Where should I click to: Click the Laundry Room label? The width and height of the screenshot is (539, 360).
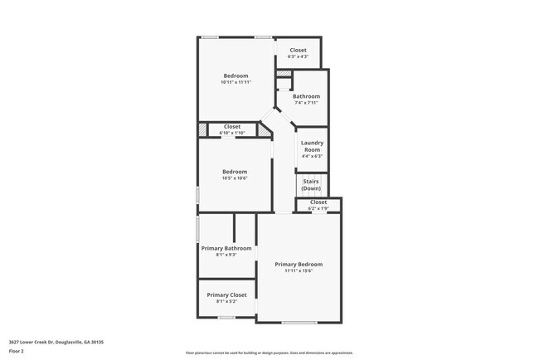(312, 145)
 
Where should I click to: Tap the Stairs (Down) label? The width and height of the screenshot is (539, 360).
(311, 184)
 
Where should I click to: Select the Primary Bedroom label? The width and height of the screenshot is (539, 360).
(299, 264)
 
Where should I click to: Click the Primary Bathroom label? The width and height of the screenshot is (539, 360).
(226, 248)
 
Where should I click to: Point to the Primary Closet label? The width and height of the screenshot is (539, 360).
(226, 294)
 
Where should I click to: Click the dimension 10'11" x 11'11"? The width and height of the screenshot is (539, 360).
(236, 82)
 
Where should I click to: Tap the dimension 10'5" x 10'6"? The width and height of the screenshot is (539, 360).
(235, 178)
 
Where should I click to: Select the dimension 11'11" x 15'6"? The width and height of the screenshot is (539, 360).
(299, 270)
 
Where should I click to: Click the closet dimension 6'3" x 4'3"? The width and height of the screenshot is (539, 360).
(298, 56)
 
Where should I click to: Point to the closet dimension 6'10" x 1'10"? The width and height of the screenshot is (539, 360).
(232, 133)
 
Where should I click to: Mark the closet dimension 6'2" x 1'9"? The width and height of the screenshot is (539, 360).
(318, 208)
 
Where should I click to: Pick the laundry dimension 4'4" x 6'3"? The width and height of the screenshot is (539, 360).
(312, 156)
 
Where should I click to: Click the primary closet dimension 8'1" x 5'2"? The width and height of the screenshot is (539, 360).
(226, 302)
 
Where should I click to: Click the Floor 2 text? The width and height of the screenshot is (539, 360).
(17, 351)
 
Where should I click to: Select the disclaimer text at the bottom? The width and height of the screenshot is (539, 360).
(269, 353)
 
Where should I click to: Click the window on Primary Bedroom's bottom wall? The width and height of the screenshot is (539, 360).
(299, 322)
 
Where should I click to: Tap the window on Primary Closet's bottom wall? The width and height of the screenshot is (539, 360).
(226, 317)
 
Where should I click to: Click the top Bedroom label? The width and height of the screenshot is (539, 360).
(236, 75)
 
